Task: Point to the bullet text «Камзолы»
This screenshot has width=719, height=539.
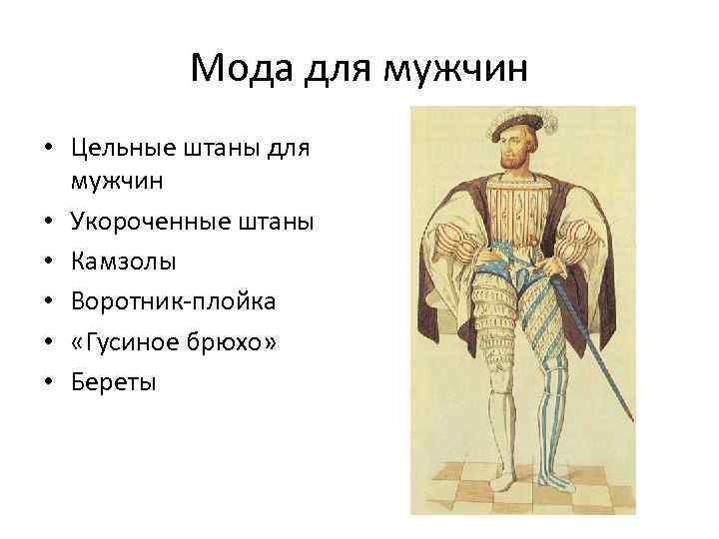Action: tap(122, 261)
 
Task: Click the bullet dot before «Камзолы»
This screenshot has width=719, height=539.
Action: tap(47, 262)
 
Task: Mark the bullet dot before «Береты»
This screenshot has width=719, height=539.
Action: tap(47, 381)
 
